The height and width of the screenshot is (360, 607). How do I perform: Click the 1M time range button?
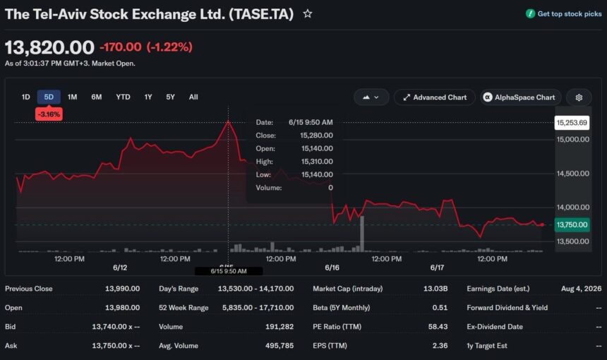click(x=73, y=97)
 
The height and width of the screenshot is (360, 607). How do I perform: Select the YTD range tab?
click(x=123, y=97)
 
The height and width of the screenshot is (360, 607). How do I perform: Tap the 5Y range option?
click(x=170, y=97)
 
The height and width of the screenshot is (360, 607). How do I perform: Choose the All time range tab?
click(x=193, y=97)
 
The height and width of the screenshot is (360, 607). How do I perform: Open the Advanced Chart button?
click(x=434, y=97)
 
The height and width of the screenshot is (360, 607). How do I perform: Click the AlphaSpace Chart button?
click(x=520, y=97)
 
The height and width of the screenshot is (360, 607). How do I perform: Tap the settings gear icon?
click(x=579, y=97)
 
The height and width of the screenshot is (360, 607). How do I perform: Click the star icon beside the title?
click(x=307, y=14)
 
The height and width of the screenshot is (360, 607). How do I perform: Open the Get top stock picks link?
click(x=564, y=14)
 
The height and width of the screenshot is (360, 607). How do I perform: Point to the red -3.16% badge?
click(x=49, y=114)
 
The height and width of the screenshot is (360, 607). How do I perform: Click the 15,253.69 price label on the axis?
click(x=572, y=123)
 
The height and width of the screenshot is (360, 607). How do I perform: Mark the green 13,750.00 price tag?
click(x=572, y=224)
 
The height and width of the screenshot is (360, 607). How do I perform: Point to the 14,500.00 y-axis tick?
click(x=573, y=174)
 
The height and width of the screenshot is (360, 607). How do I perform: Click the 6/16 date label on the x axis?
click(x=332, y=268)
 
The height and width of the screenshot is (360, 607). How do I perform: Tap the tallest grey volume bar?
click(x=362, y=234)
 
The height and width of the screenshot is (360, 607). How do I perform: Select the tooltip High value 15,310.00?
click(x=317, y=162)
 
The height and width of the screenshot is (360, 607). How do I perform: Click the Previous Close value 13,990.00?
click(x=122, y=289)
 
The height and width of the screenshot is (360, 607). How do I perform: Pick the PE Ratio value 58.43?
click(x=438, y=326)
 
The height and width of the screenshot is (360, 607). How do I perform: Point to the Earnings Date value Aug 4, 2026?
click(x=581, y=289)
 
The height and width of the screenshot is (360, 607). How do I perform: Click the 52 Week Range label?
click(x=184, y=307)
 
